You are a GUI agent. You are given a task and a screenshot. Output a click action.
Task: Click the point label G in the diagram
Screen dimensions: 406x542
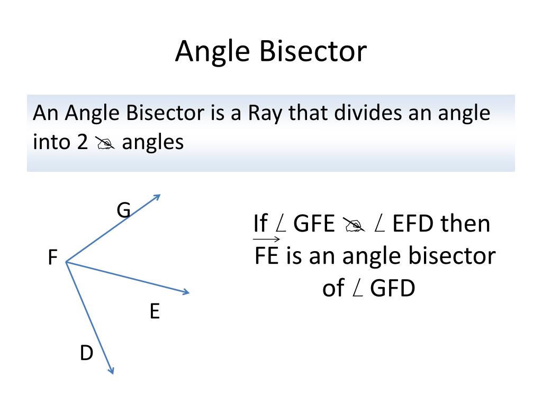(x=123, y=210)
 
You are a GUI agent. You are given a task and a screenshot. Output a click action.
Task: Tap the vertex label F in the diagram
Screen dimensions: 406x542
(x=52, y=259)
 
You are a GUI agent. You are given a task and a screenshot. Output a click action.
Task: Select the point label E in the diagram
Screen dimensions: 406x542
(x=155, y=312)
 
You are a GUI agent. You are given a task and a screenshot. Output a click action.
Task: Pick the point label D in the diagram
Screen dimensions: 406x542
(x=86, y=353)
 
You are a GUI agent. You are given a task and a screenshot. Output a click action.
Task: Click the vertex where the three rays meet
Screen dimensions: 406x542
(x=66, y=262)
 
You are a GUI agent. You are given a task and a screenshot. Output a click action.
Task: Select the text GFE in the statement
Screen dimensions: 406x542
(x=314, y=224)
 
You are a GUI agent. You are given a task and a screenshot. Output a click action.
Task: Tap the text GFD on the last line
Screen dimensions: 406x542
(x=392, y=289)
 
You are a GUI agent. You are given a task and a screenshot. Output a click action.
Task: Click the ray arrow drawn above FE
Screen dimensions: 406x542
(x=266, y=239)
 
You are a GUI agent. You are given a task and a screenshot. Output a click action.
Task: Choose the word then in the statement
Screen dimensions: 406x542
(x=466, y=224)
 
